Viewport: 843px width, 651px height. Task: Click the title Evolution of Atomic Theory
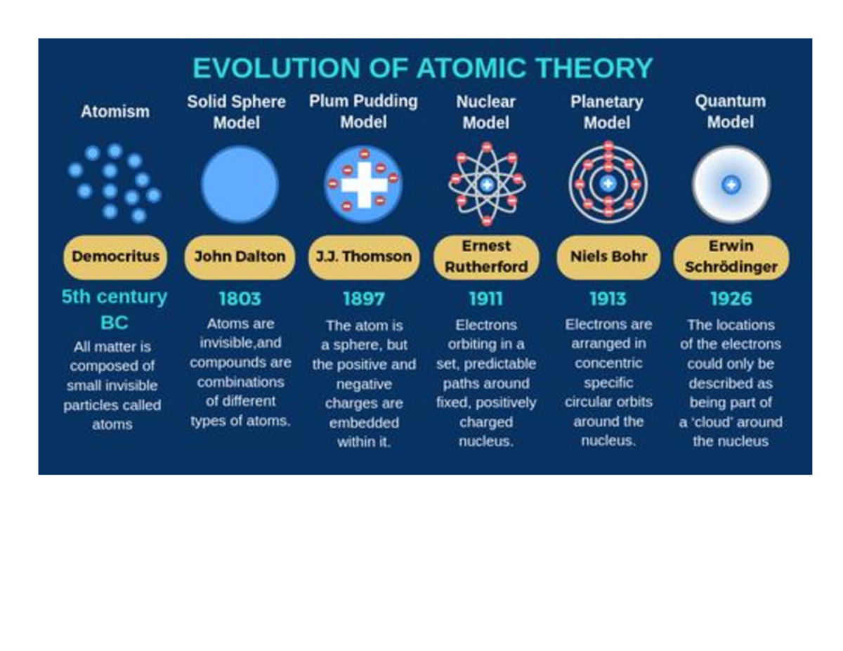tap(423, 69)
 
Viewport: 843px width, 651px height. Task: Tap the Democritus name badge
tap(115, 256)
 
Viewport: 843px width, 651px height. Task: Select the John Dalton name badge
tap(240, 256)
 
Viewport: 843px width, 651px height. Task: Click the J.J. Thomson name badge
tap(364, 256)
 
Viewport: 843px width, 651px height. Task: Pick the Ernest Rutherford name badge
tap(486, 256)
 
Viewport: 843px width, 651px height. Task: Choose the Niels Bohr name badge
tap(608, 256)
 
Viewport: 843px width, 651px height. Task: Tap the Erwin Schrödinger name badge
tap(731, 256)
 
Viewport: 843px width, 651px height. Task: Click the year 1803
tap(240, 299)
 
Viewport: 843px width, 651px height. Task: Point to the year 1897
tap(364, 299)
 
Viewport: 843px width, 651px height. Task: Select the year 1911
tap(486, 299)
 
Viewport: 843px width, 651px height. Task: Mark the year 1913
tap(608, 299)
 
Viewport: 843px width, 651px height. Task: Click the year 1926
tap(731, 299)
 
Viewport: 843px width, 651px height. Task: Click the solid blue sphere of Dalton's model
tap(240, 185)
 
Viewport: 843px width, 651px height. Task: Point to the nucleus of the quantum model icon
tap(731, 185)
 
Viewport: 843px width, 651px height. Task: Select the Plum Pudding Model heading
tap(363, 112)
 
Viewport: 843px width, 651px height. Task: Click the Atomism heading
tap(115, 112)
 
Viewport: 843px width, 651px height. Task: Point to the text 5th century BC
tap(115, 310)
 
